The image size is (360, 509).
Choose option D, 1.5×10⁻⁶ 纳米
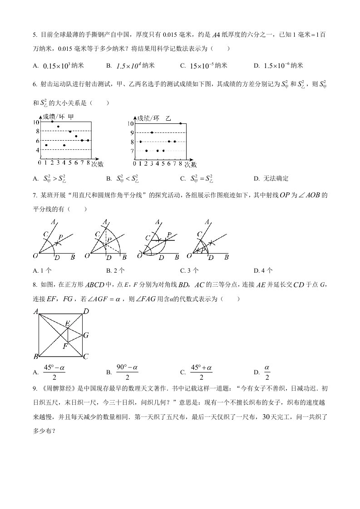click(283, 66)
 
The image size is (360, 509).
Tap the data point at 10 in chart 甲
click(52, 122)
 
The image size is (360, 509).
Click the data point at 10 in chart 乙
click(180, 123)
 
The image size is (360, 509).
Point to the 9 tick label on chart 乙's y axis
click(132, 132)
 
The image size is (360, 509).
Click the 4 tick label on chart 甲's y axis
click(37, 149)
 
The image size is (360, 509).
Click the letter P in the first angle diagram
click(60, 237)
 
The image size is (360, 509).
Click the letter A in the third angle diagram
click(158, 222)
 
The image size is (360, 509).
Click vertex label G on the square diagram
click(85, 335)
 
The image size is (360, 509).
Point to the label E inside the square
click(67, 323)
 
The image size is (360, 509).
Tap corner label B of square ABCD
click(36, 356)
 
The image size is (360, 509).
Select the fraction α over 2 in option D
click(267, 372)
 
